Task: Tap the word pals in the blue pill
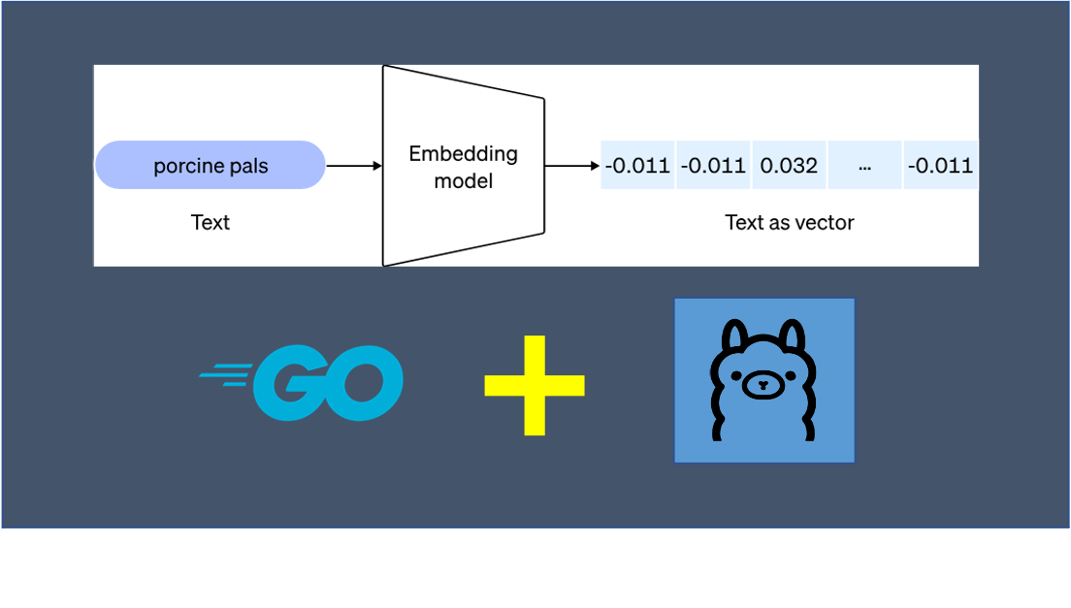point(249,166)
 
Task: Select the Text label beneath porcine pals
point(211,222)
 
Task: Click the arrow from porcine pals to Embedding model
point(354,166)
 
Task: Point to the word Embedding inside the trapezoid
point(463,154)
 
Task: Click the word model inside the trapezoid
point(464,180)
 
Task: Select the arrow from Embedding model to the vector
point(572,166)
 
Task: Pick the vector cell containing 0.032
point(789,165)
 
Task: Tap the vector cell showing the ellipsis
point(864,165)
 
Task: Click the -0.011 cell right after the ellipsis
point(941,165)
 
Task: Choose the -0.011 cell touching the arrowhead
point(637,165)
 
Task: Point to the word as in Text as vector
point(779,223)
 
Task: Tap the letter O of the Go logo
point(364,383)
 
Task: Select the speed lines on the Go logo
point(225,375)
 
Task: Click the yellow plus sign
point(535,385)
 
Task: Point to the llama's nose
point(763,384)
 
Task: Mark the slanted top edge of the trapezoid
point(464,81)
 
